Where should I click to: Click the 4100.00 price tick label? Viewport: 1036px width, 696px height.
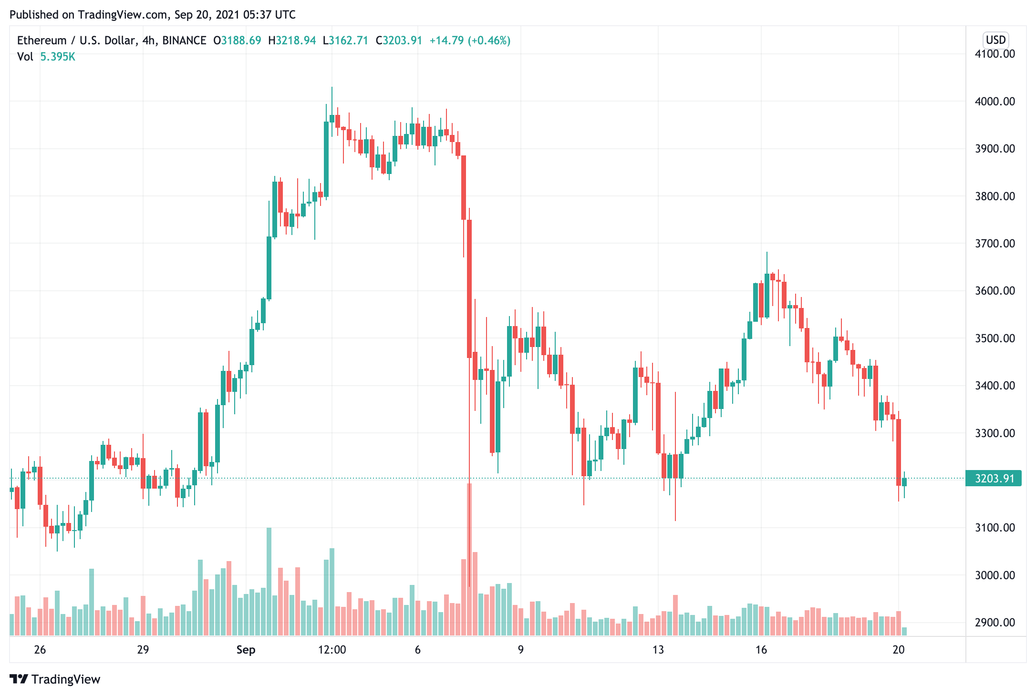(995, 54)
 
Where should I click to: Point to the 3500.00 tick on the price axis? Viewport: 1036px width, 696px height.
(995, 338)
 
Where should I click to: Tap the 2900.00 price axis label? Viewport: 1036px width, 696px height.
(995, 623)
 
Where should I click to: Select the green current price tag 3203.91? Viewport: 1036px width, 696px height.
(994, 479)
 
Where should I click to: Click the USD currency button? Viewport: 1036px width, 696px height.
(995, 40)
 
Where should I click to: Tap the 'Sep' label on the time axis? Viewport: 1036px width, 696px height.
(246, 650)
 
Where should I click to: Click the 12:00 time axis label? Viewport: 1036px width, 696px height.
(332, 650)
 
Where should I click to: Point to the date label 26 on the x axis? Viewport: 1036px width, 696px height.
(40, 650)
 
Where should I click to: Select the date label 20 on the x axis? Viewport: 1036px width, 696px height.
(898, 650)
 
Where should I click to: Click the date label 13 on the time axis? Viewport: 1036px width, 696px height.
(658, 650)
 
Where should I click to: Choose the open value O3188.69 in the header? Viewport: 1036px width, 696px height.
(237, 41)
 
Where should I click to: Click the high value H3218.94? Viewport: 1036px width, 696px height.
(292, 41)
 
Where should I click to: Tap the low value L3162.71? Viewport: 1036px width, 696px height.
(345, 41)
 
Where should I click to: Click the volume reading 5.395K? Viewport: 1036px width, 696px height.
(58, 57)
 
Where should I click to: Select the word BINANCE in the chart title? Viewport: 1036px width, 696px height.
(184, 41)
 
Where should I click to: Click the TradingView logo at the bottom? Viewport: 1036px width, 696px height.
(55, 679)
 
